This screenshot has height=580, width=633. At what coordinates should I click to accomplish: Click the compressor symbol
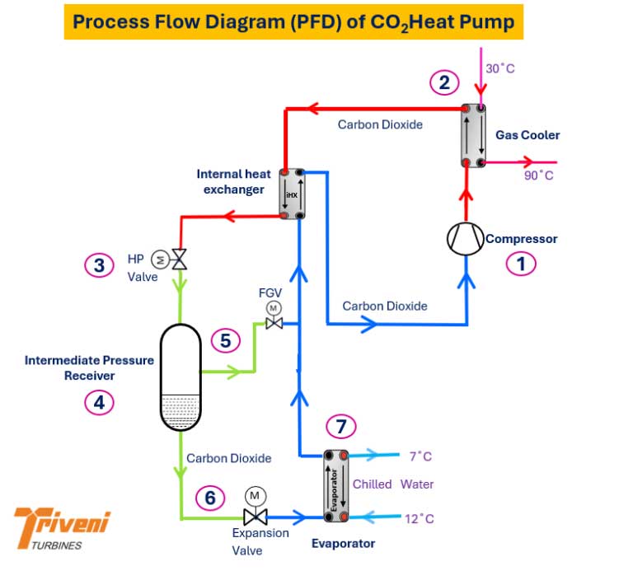coord(466,238)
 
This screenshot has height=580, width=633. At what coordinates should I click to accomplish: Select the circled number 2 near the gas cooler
coord(443,82)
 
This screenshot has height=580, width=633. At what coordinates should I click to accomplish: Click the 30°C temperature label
coord(499,68)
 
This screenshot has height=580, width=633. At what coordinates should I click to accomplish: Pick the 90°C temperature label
coord(540,175)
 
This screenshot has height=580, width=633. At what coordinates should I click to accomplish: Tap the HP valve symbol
coord(177,260)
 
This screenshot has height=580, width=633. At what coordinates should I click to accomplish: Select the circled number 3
coord(99,265)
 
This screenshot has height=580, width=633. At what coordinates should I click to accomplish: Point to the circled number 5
coord(225,339)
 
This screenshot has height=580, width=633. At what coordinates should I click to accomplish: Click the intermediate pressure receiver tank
coord(180,377)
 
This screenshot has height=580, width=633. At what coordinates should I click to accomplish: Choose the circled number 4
coord(99,403)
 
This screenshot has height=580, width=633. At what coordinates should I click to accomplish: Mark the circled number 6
coord(210,498)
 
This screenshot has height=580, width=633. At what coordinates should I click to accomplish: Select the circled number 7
coord(341,426)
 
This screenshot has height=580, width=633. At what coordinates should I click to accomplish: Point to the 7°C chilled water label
coord(420,456)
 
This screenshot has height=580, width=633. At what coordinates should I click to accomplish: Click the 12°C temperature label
coord(420,518)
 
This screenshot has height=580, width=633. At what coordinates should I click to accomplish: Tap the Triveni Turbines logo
coord(62,529)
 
